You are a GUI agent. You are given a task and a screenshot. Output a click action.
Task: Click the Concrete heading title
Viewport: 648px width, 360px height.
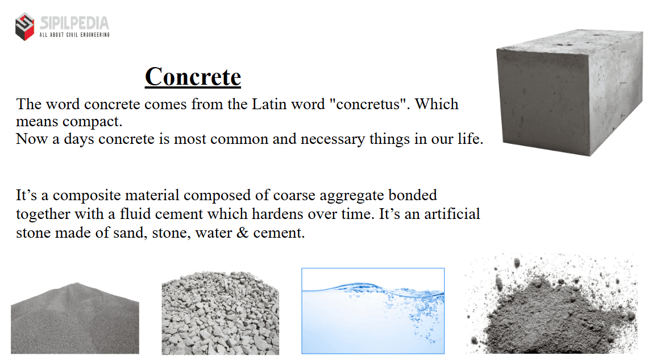click(x=193, y=77)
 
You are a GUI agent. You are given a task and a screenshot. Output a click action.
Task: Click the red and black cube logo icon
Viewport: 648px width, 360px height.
click(x=24, y=27)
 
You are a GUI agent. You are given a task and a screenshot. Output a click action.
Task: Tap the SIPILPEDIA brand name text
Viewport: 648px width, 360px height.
click(x=74, y=23)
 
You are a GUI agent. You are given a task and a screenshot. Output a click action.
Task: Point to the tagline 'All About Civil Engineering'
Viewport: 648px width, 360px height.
click(x=74, y=35)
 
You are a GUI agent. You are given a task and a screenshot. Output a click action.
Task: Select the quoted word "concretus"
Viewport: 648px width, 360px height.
click(x=367, y=104)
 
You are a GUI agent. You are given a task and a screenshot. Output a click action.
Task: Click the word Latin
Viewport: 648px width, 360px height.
click(x=269, y=104)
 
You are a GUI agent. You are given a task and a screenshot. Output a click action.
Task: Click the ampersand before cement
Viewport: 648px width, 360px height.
click(x=243, y=232)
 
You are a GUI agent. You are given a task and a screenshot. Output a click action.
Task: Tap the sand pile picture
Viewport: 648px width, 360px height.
click(x=75, y=318)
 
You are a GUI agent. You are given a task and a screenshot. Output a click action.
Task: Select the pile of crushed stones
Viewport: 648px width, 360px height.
click(x=221, y=313)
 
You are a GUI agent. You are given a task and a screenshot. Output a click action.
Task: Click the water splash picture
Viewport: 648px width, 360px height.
click(x=373, y=311)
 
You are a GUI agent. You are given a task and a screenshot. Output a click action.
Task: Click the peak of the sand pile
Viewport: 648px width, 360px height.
click(x=77, y=283)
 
